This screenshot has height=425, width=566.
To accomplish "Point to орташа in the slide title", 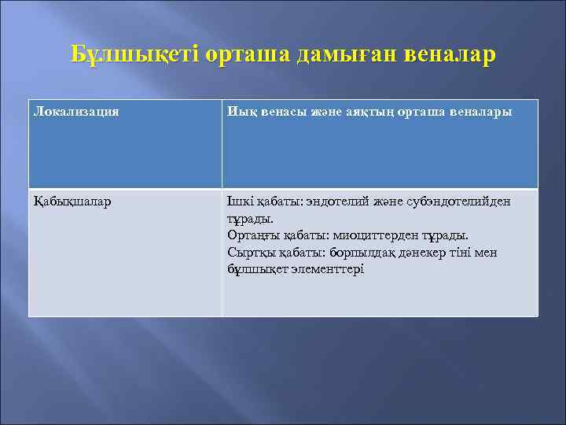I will tap(249, 55).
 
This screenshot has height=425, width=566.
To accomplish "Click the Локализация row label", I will tap(76, 112).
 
